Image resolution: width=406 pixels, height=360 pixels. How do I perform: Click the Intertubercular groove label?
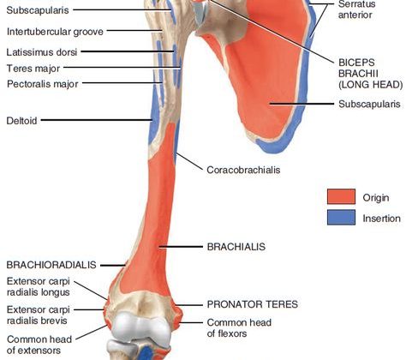pyautogui.click(x=55, y=32)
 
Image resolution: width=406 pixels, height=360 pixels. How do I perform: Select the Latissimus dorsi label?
pyautogui.click(x=42, y=52)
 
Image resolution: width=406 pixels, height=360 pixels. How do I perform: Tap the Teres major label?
pyautogui.click(x=33, y=69)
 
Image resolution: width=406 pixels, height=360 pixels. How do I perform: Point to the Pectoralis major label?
pyautogui.click(x=43, y=84)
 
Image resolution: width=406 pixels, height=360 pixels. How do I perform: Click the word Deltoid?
pyautogui.click(x=21, y=121)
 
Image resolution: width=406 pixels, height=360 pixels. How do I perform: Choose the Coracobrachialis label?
pyautogui.click(x=243, y=170)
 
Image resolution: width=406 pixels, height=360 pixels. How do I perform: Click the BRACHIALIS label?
pyautogui.click(x=236, y=247)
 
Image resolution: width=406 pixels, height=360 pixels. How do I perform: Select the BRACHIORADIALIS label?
pyautogui.click(x=51, y=265)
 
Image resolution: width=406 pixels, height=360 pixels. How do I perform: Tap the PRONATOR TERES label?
pyautogui.click(x=253, y=304)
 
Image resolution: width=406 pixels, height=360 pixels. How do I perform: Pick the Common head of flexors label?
pyautogui.click(x=239, y=328)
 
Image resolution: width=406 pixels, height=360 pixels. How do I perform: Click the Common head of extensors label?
pyautogui.click(x=39, y=345)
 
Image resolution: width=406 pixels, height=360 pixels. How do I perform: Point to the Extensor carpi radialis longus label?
pyautogui.click(x=39, y=287)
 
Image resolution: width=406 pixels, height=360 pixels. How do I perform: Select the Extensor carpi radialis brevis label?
pyautogui.click(x=39, y=315)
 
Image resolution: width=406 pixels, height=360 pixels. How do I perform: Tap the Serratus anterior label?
pyautogui.click(x=356, y=9)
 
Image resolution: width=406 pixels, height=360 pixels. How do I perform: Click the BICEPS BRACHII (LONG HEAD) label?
pyautogui.click(x=371, y=74)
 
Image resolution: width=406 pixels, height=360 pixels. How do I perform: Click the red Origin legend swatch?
pyautogui.click(x=341, y=196)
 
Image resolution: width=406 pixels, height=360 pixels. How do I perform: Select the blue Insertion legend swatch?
pyautogui.click(x=341, y=218)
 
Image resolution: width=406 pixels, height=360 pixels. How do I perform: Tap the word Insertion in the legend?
pyautogui.click(x=381, y=219)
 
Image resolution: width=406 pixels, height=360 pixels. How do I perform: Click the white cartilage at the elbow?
pyautogui.click(x=140, y=327)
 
